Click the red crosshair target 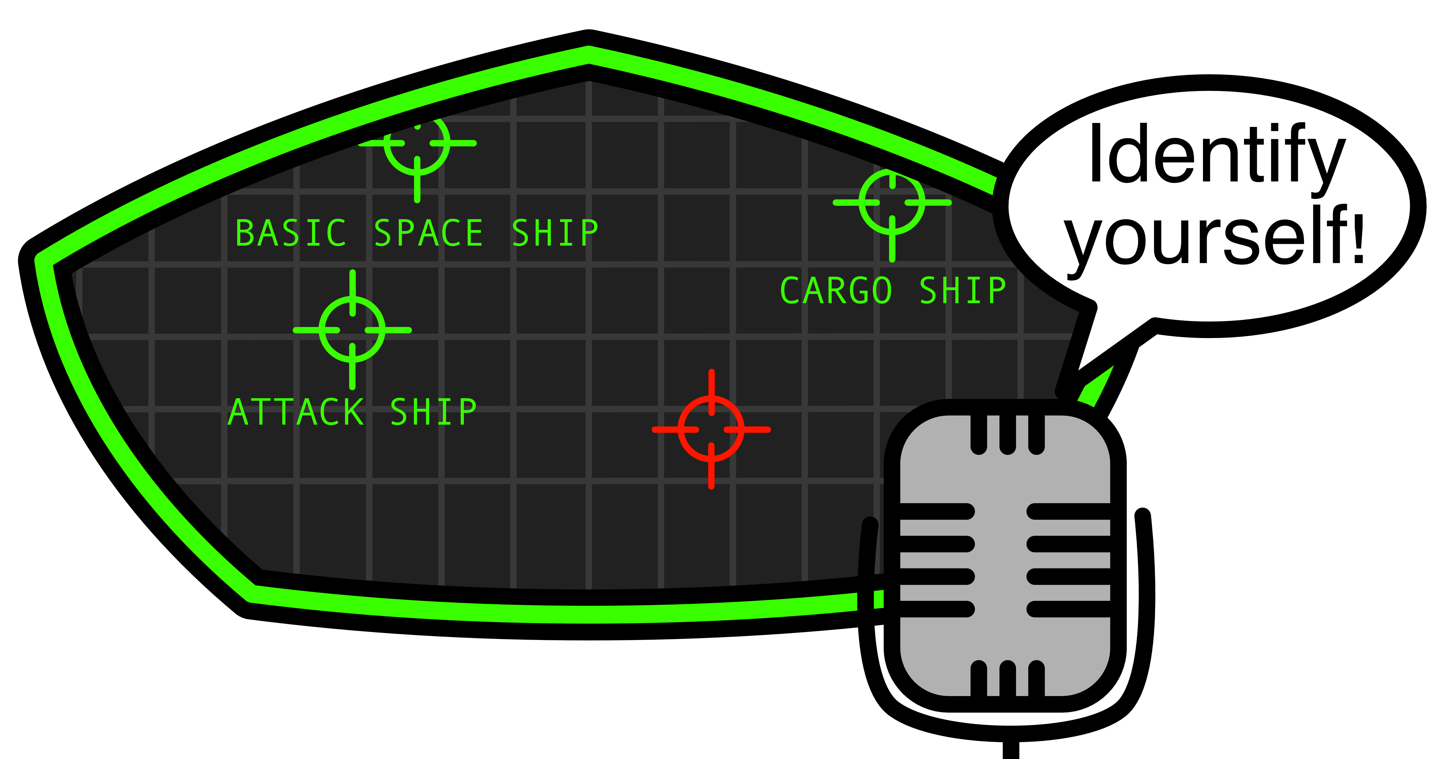(711, 430)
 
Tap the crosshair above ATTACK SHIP (353, 330)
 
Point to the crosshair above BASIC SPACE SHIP (417, 143)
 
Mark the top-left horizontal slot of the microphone (936, 512)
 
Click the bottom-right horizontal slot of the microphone (1069, 609)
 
